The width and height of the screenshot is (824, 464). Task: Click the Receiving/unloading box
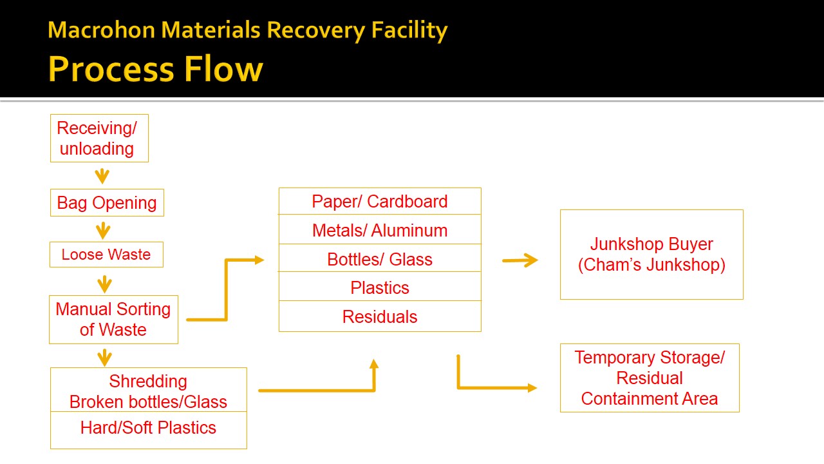(x=99, y=138)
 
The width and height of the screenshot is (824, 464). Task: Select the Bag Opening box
(x=107, y=202)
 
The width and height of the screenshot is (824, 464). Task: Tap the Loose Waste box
(x=106, y=255)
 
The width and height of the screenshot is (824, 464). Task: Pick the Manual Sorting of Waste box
(x=113, y=320)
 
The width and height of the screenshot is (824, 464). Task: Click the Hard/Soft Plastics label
(x=148, y=428)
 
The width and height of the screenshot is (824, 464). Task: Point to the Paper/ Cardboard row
(x=380, y=201)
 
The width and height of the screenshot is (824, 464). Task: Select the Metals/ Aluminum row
(x=380, y=230)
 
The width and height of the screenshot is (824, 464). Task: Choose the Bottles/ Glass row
(x=380, y=259)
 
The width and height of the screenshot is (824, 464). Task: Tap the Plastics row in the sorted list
(x=380, y=287)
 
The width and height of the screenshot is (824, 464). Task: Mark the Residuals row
(x=380, y=316)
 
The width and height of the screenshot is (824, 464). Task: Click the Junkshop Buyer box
(x=651, y=255)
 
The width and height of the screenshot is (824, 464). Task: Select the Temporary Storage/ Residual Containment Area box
(x=650, y=378)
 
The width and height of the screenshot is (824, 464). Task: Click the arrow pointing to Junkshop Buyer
(x=520, y=260)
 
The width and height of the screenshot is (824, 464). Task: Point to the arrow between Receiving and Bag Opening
(x=102, y=176)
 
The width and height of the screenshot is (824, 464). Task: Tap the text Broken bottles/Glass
(x=148, y=402)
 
